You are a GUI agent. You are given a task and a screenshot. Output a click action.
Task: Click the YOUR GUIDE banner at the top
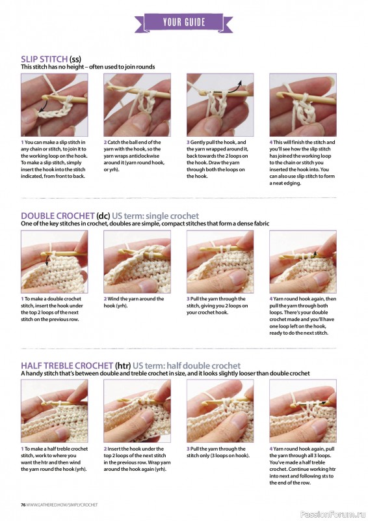183,22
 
